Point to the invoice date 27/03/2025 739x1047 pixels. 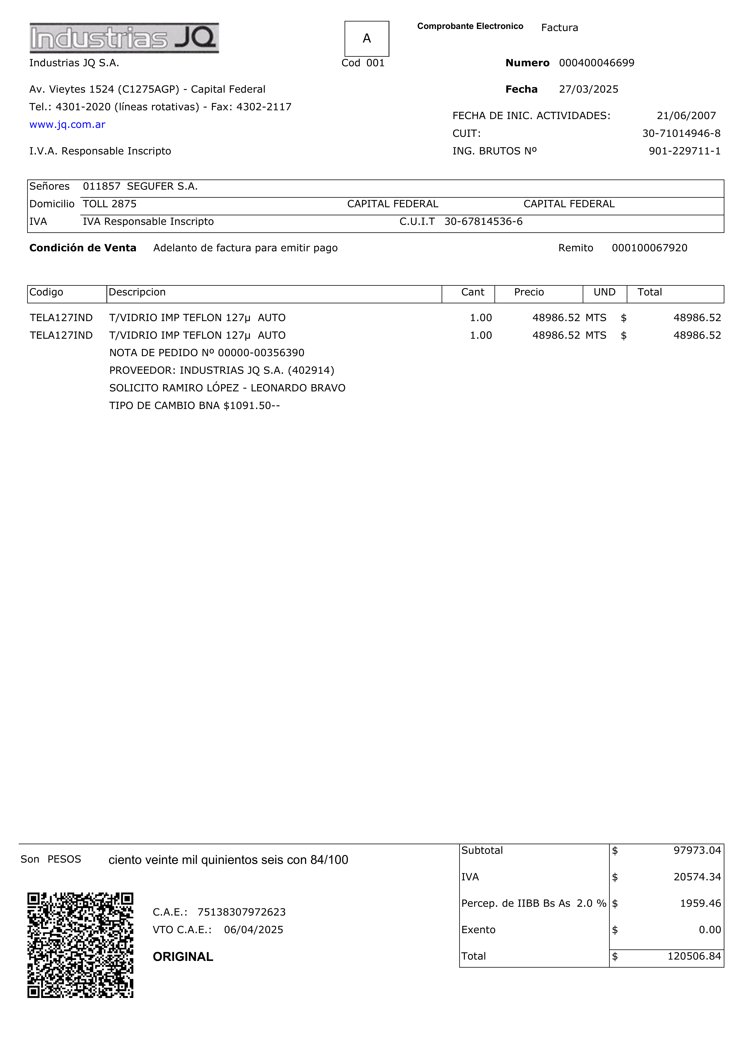pos(589,89)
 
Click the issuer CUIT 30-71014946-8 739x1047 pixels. pos(681,134)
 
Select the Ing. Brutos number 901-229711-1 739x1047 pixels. pos(684,151)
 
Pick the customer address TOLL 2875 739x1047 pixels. pos(109,204)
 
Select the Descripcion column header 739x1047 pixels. pos(137,292)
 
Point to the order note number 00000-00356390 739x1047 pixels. pos(261,353)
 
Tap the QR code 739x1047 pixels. pos(80,945)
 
